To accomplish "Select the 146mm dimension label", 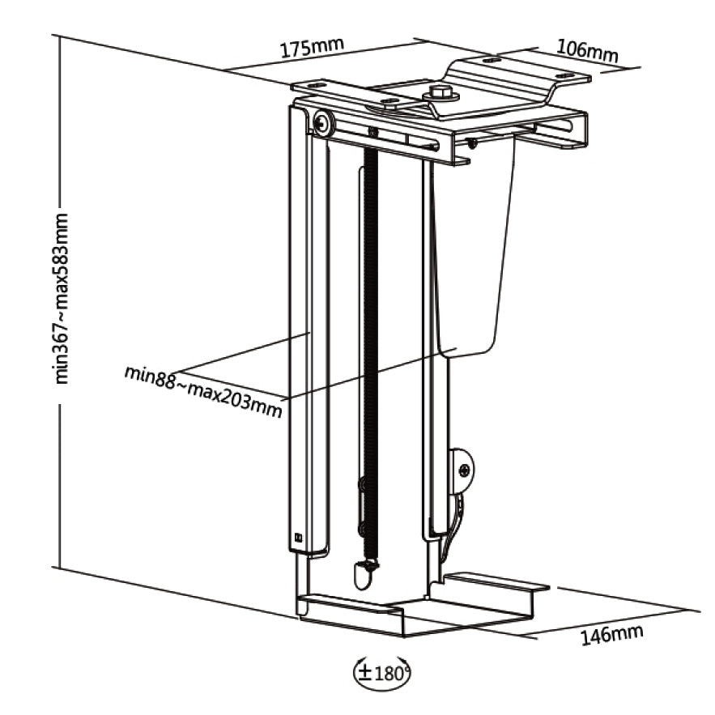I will click(x=611, y=635).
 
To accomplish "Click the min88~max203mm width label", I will click(x=203, y=390).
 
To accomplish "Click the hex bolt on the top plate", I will click(x=440, y=93).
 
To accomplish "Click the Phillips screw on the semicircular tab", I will click(x=464, y=470).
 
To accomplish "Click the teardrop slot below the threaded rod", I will click(x=364, y=576).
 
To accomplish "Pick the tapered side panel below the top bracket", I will click(x=474, y=243).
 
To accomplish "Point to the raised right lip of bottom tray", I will click(x=496, y=580).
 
